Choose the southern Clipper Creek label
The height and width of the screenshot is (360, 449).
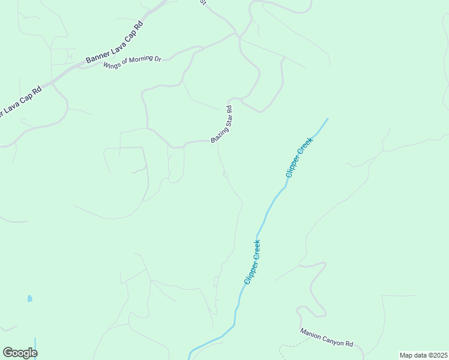[252, 262]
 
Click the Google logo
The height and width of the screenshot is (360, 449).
[20, 353]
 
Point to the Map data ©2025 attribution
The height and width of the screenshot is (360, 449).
[423, 355]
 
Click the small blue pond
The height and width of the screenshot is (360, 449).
[29, 298]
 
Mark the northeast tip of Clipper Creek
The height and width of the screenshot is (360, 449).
[328, 119]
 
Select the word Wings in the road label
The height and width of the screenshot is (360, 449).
[112, 64]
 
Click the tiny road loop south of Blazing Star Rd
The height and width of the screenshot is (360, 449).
[225, 175]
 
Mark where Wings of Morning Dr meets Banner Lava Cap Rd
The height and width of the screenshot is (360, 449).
[77, 65]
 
